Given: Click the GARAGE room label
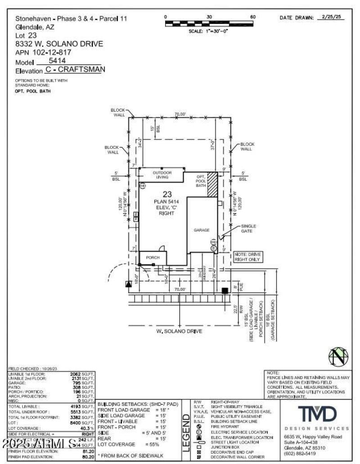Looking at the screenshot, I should tap(202, 230).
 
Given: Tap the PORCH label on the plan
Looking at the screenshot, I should tap(153, 258).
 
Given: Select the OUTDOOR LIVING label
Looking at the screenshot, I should tap(162, 175).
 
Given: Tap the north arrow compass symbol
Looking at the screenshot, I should tap(338, 357).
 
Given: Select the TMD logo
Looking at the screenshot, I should tap(318, 414).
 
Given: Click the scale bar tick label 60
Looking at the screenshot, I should tap(252, 17).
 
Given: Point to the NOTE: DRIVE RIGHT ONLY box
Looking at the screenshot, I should tap(247, 257).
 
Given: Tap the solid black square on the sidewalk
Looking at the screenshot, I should tap(225, 291).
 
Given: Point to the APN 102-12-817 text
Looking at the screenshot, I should tap(43, 52).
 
